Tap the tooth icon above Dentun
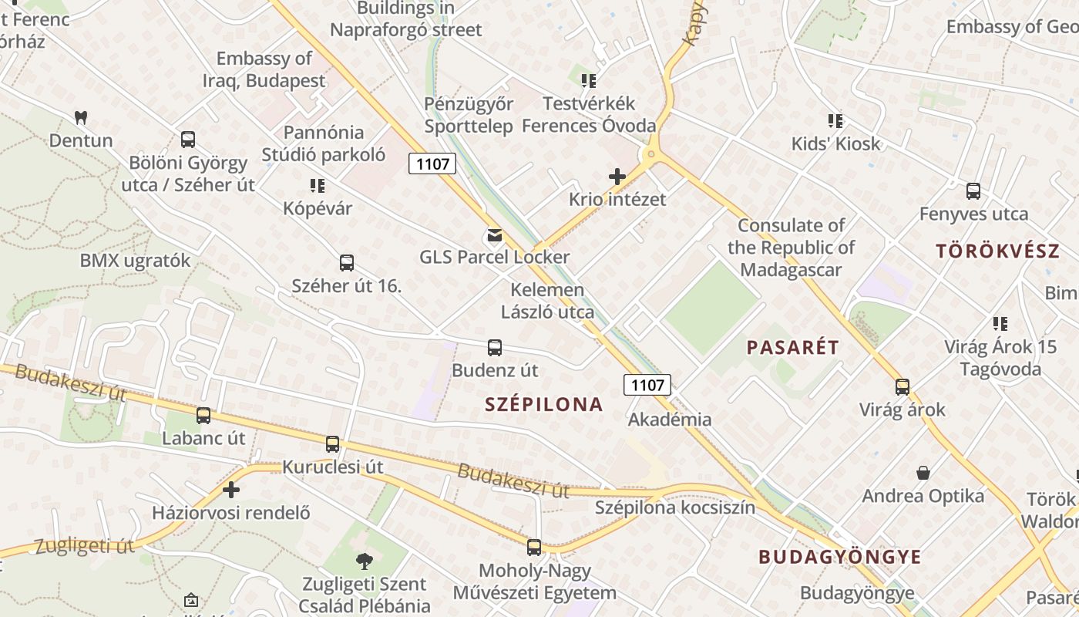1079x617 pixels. click(x=80, y=118)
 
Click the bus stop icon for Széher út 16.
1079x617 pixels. click(x=347, y=263)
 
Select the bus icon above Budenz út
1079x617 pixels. click(x=495, y=348)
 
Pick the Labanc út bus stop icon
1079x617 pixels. click(x=203, y=416)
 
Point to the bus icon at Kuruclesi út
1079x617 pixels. click(x=332, y=444)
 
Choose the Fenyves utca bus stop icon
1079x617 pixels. click(x=973, y=191)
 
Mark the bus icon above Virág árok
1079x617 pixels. click(x=902, y=387)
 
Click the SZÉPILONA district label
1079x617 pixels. click(x=543, y=404)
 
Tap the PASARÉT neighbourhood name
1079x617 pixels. click(x=792, y=347)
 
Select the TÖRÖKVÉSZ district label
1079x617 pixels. click(x=997, y=251)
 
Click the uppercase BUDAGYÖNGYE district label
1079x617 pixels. click(x=839, y=557)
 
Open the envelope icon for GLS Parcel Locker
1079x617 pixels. click(x=494, y=235)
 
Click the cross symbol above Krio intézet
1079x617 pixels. click(x=617, y=177)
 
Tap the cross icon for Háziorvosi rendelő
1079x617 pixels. click(x=230, y=490)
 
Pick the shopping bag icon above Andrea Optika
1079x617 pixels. click(x=923, y=473)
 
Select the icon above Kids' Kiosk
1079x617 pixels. click(x=835, y=121)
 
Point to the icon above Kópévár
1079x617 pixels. click(x=317, y=186)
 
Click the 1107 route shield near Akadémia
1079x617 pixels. click(x=647, y=384)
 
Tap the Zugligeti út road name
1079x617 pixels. click(x=85, y=547)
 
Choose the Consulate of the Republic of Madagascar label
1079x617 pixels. click(x=791, y=248)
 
